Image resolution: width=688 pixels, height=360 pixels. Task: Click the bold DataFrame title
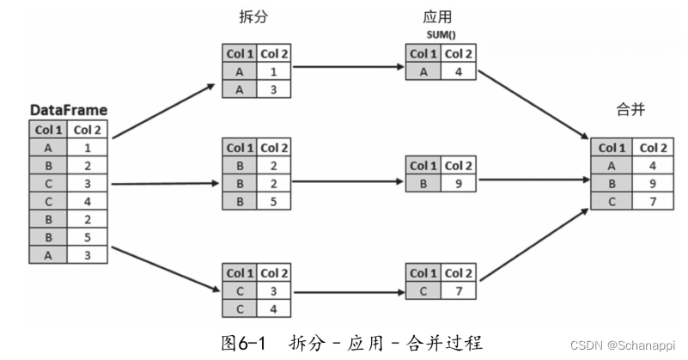(68, 110)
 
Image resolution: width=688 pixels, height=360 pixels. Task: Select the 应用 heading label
(437, 17)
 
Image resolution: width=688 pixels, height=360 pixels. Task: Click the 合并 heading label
(630, 111)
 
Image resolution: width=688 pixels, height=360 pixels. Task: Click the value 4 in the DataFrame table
(87, 200)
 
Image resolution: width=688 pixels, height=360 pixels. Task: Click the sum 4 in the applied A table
(459, 71)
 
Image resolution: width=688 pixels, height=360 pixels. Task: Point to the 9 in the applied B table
(459, 182)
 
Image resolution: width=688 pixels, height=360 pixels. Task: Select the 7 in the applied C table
(459, 290)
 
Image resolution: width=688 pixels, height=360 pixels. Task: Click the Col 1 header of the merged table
(611, 147)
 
